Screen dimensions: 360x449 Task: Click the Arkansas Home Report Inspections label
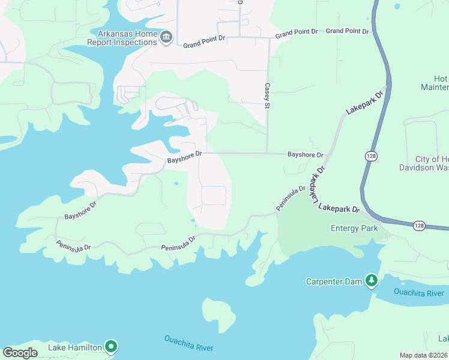pyautogui.click(x=122, y=38)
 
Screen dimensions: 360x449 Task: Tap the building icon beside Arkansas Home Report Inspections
pyautogui.click(x=166, y=38)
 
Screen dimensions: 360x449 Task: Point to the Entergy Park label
pyautogui.click(x=354, y=228)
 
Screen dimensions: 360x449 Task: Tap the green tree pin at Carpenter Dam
pyautogui.click(x=372, y=280)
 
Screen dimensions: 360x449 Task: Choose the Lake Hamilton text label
pyautogui.click(x=75, y=347)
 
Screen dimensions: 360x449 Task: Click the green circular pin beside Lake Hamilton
pyautogui.click(x=110, y=346)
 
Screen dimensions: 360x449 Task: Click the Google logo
pyautogui.click(x=20, y=353)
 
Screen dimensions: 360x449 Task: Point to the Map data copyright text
pyautogui.click(x=423, y=355)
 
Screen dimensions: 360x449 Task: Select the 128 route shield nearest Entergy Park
pyautogui.click(x=419, y=225)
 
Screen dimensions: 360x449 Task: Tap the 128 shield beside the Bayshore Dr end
pyautogui.click(x=370, y=155)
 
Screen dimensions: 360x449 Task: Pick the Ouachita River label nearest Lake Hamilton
pyautogui.click(x=188, y=344)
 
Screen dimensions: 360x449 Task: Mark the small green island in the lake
pyautogui.click(x=218, y=314)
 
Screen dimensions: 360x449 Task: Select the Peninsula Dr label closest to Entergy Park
pyautogui.click(x=291, y=197)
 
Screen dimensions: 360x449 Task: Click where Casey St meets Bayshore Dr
pyautogui.click(x=267, y=154)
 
